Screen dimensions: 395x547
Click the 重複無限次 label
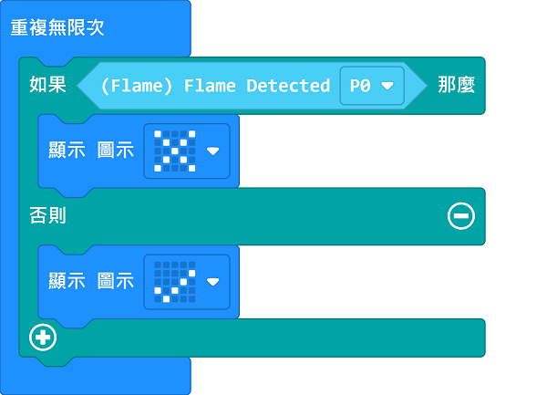(57, 27)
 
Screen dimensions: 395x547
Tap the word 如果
(47, 86)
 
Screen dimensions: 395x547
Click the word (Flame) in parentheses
(138, 86)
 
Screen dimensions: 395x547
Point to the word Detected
(288, 86)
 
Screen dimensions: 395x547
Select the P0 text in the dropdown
(360, 86)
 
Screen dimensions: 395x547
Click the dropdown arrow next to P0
(387, 86)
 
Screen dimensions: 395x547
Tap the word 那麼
(456, 86)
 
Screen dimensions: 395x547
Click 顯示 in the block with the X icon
(67, 151)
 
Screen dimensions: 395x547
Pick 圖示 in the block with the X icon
(116, 151)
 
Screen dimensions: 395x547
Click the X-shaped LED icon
(175, 151)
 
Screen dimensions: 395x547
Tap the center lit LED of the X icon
(175, 151)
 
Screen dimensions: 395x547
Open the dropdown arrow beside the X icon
(212, 151)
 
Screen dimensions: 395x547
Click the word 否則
(47, 216)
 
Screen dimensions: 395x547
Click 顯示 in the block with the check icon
(67, 281)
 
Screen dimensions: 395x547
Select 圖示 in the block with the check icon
(116, 281)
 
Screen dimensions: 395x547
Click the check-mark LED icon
(175, 281)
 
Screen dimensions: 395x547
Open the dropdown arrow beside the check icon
(212, 281)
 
